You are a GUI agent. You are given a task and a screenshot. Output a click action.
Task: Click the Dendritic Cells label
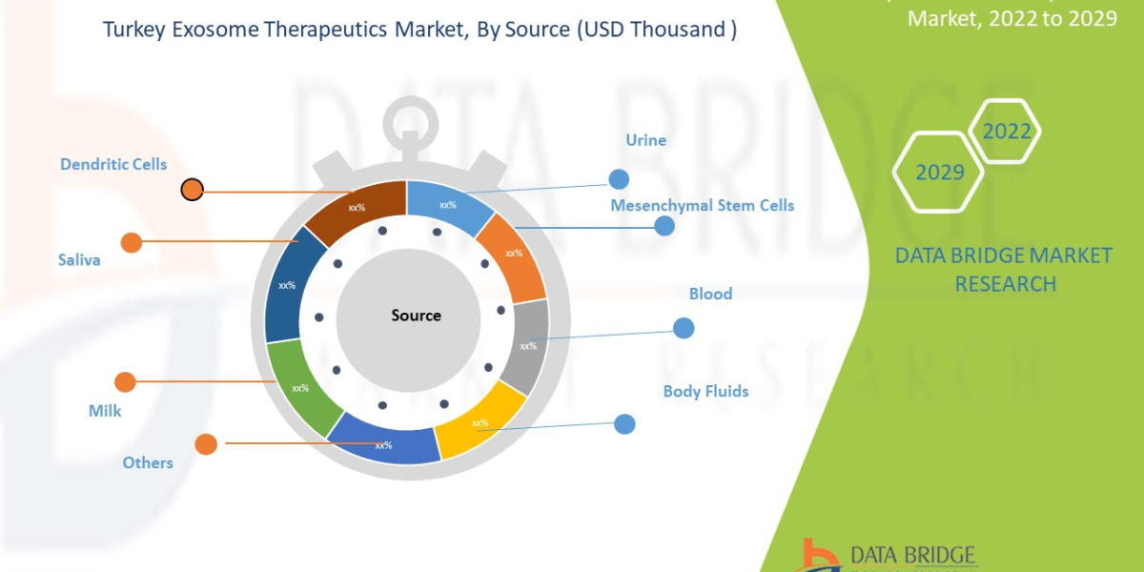(113, 164)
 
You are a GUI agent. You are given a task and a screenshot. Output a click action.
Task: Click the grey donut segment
(527, 345)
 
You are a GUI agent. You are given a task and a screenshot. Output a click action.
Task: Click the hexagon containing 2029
(938, 173)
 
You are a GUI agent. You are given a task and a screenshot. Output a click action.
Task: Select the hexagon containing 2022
(1006, 132)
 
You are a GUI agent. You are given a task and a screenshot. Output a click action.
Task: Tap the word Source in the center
(416, 315)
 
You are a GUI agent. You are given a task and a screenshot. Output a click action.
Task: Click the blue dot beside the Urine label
(619, 179)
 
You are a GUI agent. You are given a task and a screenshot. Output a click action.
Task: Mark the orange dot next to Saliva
(132, 242)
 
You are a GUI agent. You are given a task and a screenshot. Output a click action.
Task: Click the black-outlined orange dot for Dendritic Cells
(193, 190)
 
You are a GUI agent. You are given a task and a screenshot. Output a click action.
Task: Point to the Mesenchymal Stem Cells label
(702, 205)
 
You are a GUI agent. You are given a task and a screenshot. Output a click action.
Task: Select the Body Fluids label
(705, 391)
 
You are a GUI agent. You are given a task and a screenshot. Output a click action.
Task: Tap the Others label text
(148, 462)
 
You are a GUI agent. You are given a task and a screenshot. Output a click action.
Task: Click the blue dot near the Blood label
(684, 328)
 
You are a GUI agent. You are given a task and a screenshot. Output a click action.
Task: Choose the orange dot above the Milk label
(125, 382)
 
